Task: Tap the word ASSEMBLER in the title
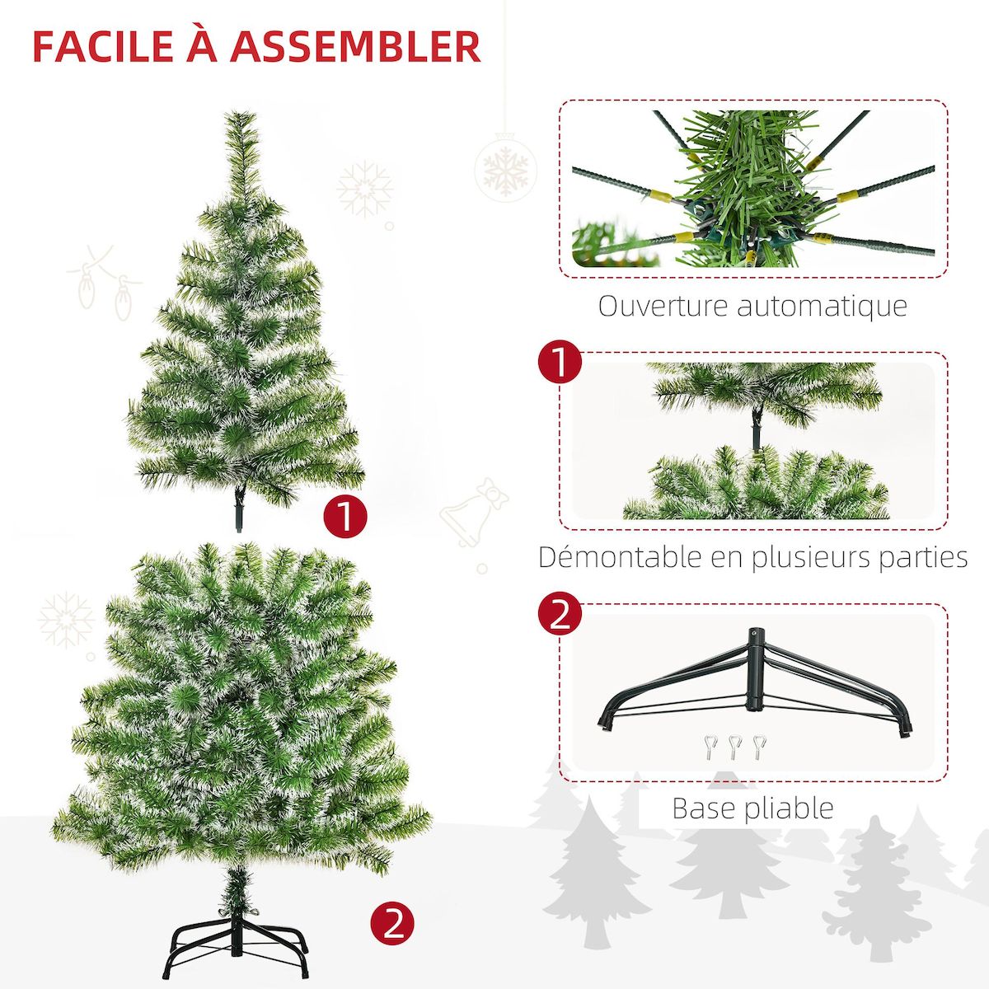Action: coord(355,47)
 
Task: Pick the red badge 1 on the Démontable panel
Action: coord(560,363)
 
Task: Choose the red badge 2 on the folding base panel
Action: coord(560,614)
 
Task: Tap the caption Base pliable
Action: coord(752,808)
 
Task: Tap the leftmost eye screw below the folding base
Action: coord(710,747)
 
